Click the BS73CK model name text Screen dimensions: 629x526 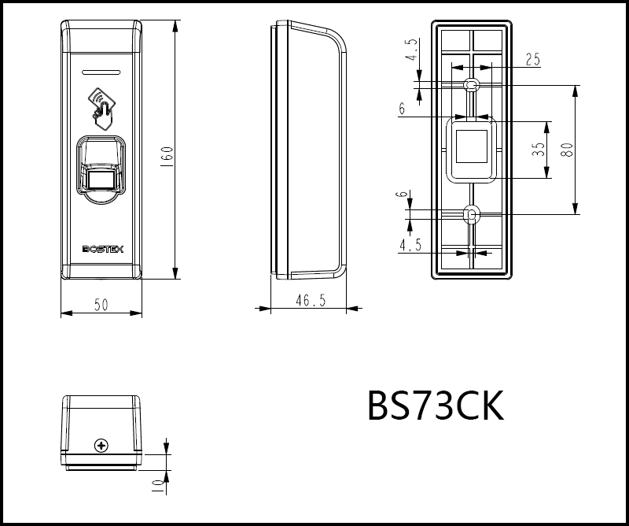(436, 406)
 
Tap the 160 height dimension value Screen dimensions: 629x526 (168, 158)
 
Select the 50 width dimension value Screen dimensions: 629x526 (101, 305)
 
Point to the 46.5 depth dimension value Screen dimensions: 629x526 (311, 300)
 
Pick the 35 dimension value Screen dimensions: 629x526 (540, 150)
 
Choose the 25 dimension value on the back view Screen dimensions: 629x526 (533, 60)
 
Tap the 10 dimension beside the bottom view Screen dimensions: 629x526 (159, 486)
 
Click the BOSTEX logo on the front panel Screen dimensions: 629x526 (103, 250)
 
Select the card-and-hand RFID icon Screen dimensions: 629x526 (102, 109)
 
